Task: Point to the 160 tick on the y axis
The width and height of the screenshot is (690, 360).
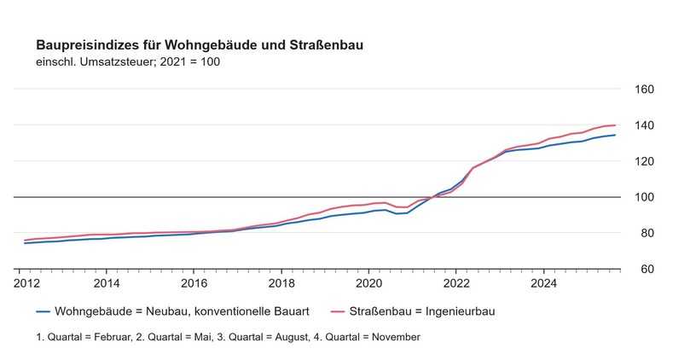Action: [x=644, y=90]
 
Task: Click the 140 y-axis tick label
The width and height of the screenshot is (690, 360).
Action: [x=644, y=125]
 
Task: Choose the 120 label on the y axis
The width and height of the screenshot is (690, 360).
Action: [x=644, y=161]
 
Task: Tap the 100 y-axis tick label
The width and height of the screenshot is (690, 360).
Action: [x=644, y=197]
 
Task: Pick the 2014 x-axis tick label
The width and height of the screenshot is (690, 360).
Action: [x=107, y=282]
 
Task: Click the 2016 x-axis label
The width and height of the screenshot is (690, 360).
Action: [x=194, y=282]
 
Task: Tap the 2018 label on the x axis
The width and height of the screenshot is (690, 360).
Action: [x=281, y=282]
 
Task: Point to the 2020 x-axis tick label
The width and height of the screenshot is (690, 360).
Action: [x=369, y=282]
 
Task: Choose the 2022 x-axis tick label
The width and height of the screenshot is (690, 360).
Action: [x=457, y=282]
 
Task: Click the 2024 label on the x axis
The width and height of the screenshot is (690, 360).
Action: [x=544, y=282]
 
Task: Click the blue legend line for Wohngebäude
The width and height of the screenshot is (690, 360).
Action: [x=42, y=311]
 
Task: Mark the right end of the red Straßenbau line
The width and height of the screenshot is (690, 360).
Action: [x=615, y=125]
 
